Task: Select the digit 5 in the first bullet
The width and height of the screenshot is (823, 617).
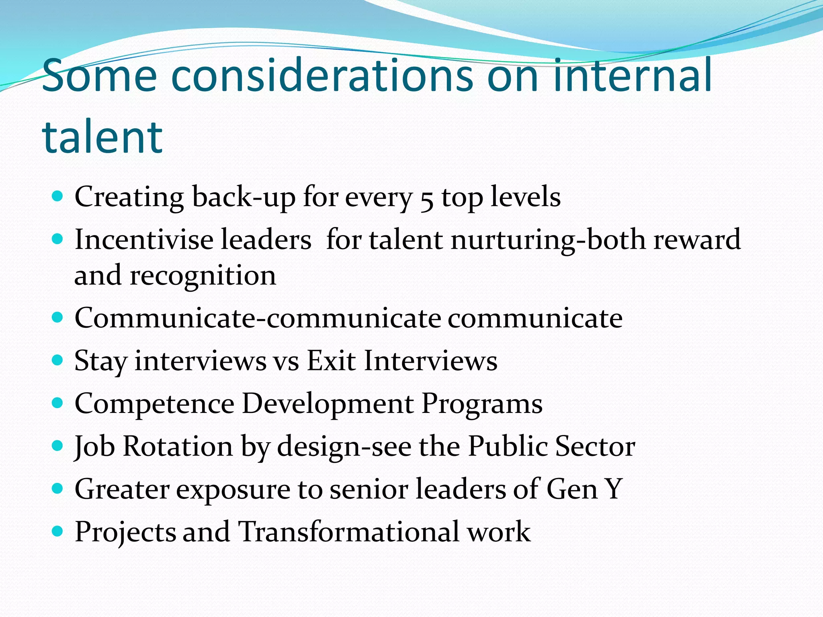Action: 427,199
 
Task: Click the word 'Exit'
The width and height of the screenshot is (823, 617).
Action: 331,360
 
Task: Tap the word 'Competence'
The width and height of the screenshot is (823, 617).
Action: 154,404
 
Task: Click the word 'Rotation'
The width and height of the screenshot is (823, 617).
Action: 178,446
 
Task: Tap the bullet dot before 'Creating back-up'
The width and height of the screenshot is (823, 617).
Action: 58,196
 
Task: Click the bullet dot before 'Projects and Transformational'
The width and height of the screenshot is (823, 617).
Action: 58,531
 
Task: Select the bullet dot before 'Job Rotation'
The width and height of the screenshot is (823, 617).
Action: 58,446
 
